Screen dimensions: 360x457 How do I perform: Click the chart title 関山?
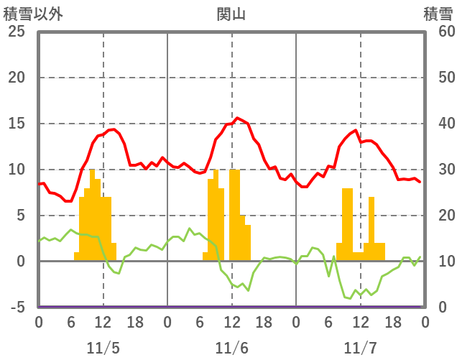click(x=231, y=14)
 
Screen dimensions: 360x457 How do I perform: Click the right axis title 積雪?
click(x=438, y=14)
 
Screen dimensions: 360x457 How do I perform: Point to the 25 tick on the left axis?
click(x=16, y=32)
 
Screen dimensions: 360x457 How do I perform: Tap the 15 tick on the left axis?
click(x=16, y=124)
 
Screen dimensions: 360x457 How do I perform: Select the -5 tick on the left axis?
click(x=16, y=308)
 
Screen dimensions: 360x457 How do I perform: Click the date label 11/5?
click(x=103, y=348)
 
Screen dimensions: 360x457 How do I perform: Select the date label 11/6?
click(x=231, y=348)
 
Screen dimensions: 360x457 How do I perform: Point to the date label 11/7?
click(x=360, y=348)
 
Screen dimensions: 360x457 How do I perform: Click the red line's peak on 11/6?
click(x=238, y=118)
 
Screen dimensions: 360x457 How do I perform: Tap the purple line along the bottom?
click(x=216, y=307)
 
